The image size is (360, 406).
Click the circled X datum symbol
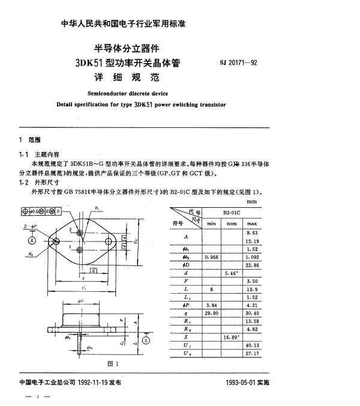coord(32,241)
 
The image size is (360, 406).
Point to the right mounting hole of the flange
coord(108,241)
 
